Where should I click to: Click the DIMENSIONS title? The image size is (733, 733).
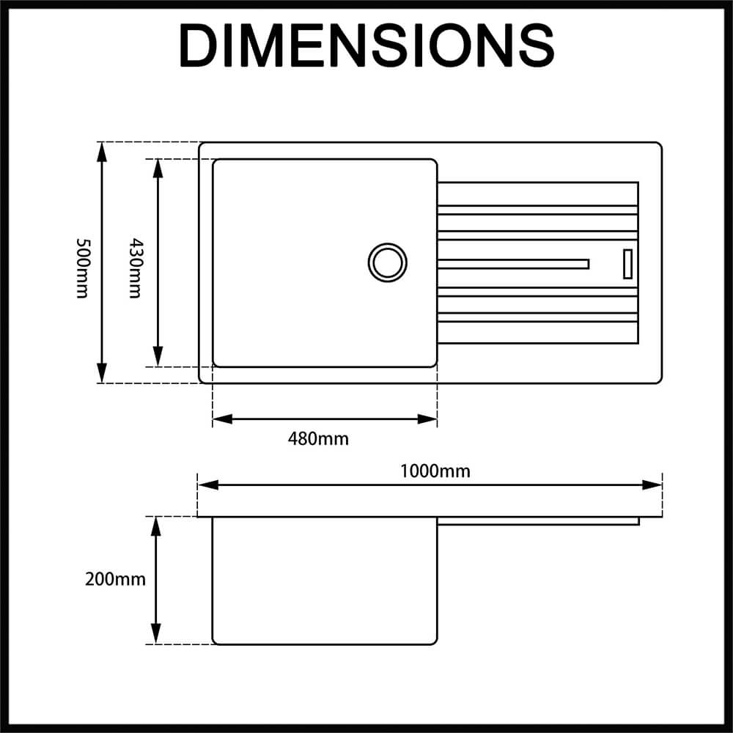366,45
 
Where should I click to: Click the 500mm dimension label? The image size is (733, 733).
82,268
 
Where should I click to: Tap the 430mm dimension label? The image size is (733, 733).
134,268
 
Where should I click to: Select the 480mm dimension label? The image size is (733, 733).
318,439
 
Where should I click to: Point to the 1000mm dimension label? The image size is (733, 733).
435,471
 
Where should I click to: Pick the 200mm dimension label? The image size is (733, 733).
115,579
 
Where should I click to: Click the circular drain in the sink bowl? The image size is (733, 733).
387,262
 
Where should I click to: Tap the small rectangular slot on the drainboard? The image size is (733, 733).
627,264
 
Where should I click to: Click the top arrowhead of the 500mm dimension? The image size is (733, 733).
102,151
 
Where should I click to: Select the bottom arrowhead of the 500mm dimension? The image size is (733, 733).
102,374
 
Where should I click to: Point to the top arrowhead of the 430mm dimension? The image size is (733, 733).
157,168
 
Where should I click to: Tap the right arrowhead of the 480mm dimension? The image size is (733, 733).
428,419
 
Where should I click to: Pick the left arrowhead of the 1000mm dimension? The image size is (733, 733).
208,485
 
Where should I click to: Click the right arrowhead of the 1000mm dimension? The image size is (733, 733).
652,485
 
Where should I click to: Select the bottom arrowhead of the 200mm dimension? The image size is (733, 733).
155,634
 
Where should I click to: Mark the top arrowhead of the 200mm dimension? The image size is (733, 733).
155,526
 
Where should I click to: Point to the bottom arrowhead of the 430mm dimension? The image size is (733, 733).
157,357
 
